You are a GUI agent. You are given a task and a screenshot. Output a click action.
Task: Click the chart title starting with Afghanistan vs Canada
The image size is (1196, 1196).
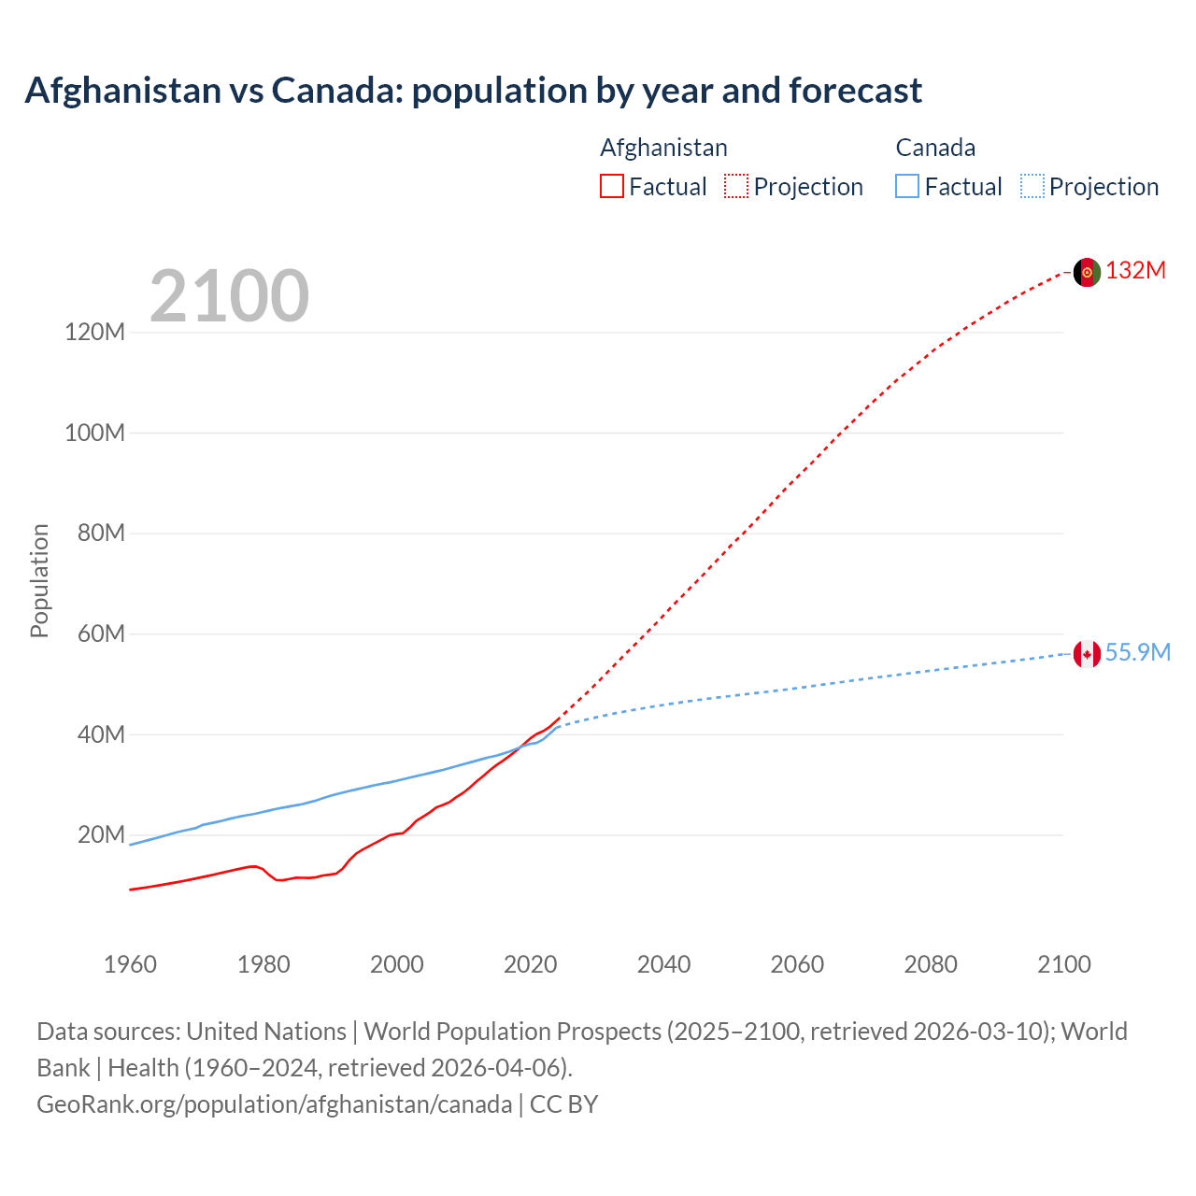click(473, 91)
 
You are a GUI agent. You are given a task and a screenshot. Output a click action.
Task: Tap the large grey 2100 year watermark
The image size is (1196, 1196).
click(229, 296)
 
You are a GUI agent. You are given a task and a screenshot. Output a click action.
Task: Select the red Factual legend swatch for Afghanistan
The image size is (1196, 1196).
click(611, 186)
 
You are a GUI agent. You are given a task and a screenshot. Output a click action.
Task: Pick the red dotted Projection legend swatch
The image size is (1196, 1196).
click(736, 186)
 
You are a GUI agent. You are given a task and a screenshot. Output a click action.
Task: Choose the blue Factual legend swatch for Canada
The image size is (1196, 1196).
click(907, 186)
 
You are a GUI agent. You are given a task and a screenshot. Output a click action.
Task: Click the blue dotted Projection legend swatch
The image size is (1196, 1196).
click(1032, 186)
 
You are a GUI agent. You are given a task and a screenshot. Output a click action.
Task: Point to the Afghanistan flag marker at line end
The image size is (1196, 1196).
click(1087, 272)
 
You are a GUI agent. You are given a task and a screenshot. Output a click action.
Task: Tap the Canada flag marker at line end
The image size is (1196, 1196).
click(1087, 654)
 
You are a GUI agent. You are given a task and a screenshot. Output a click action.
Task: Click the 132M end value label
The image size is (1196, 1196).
click(1135, 271)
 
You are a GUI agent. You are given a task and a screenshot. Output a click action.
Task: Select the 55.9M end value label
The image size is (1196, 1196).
click(1137, 653)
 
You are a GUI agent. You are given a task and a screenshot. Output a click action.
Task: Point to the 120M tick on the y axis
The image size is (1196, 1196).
click(94, 333)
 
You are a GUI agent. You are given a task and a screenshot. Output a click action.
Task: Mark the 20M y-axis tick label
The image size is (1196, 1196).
click(100, 835)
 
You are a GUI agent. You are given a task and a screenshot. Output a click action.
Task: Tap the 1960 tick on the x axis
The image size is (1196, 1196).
click(130, 964)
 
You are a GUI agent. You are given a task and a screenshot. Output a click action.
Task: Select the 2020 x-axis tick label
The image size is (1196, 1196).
click(530, 964)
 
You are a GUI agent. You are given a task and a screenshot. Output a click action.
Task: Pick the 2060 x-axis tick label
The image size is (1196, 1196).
click(797, 964)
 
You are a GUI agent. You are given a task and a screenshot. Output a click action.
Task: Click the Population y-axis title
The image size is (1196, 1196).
click(39, 580)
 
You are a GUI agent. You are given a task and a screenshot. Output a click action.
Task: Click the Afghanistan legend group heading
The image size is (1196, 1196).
click(663, 148)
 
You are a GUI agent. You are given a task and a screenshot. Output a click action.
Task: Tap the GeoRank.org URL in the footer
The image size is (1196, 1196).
click(274, 1104)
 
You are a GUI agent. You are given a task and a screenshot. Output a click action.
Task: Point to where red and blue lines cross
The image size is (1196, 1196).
click(520, 747)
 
